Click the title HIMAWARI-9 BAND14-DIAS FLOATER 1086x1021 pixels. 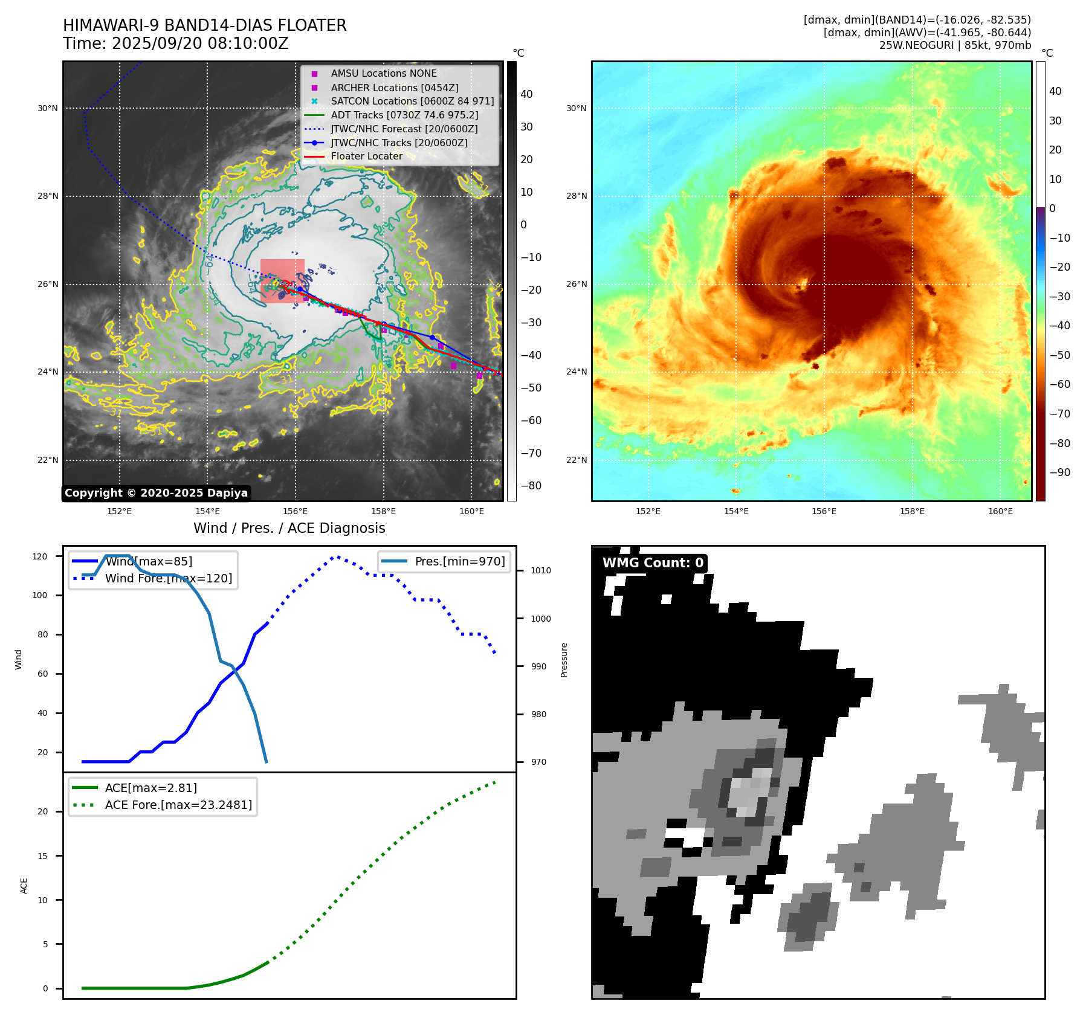tap(204, 25)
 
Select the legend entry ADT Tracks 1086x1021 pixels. tap(404, 115)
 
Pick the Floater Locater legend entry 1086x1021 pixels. tap(366, 156)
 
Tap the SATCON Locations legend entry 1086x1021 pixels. tap(412, 101)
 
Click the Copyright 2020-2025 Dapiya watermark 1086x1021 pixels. tap(156, 493)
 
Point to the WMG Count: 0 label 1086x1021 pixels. tap(653, 563)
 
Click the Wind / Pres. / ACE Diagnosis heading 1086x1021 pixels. tap(289, 528)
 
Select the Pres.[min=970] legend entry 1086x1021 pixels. tap(459, 561)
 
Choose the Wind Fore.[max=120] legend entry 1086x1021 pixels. tap(168, 578)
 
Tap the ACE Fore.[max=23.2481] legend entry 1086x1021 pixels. tap(178, 805)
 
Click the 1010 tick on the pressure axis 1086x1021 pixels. tap(540, 570)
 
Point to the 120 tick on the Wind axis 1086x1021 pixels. tap(40, 556)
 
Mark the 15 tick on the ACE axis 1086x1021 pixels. tap(42, 855)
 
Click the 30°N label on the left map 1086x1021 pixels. tap(48, 109)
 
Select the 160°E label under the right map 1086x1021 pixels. tap(1000, 511)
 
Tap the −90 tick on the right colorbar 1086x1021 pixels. tap(1059, 472)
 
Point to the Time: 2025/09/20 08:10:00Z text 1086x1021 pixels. tap(175, 43)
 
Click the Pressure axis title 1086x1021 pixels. tap(564, 660)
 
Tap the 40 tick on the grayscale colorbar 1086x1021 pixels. tap(526, 94)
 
